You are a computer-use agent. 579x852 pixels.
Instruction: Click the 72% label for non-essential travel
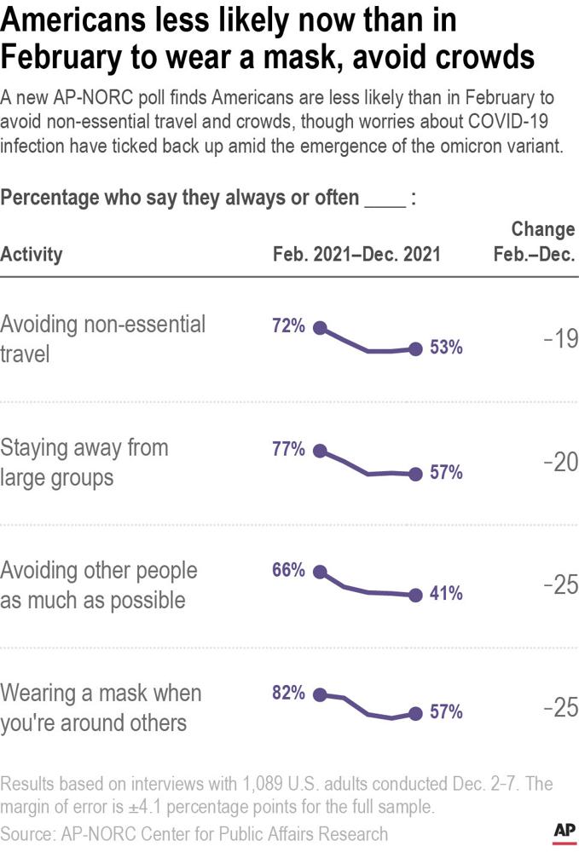pyautogui.click(x=288, y=326)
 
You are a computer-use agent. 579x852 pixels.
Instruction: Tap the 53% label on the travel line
pyautogui.click(x=446, y=348)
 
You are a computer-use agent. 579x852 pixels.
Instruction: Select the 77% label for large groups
pyautogui.click(x=288, y=450)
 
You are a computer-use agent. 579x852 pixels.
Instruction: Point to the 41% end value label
pyautogui.click(x=446, y=595)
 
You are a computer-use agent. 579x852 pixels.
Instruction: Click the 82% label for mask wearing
pyautogui.click(x=288, y=694)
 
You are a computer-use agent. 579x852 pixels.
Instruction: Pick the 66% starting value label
pyautogui.click(x=288, y=571)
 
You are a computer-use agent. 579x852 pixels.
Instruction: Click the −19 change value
pyautogui.click(x=560, y=339)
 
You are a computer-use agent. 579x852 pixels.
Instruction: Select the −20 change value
pyautogui.click(x=560, y=462)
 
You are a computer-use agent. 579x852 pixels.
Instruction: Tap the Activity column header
pyautogui.click(x=32, y=254)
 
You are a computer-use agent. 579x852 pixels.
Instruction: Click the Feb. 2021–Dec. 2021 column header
pyautogui.click(x=356, y=254)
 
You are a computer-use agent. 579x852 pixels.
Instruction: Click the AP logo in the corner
pyautogui.click(x=562, y=832)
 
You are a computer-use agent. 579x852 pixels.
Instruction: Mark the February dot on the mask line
pyautogui.click(x=320, y=695)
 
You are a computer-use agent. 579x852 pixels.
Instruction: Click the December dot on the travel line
pyautogui.click(x=415, y=348)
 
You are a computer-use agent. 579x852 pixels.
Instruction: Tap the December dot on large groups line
pyautogui.click(x=415, y=474)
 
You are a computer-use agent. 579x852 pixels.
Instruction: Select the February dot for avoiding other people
pyautogui.click(x=320, y=573)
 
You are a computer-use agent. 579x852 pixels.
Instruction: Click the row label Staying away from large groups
pyautogui.click(x=84, y=462)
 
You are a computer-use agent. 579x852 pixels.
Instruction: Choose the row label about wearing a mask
pyautogui.click(x=101, y=707)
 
